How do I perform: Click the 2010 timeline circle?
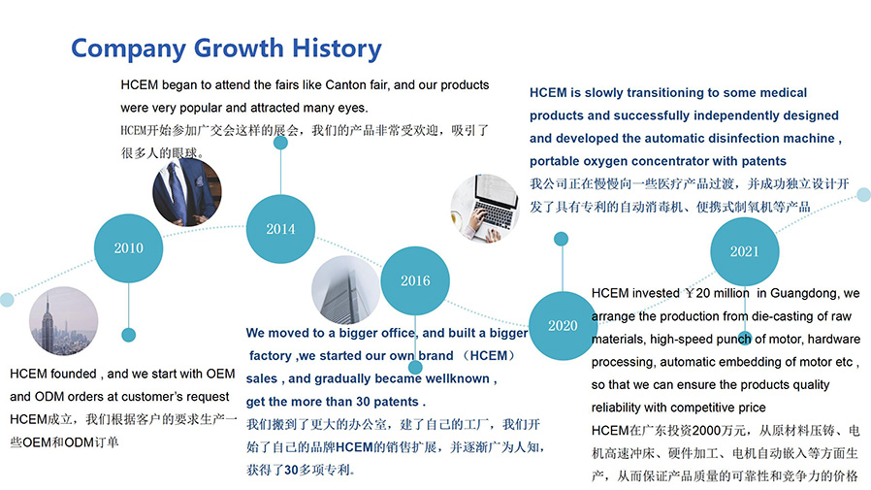point(128,248)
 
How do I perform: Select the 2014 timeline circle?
point(280,229)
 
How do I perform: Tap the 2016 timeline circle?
point(415,280)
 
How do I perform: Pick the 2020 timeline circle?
point(563,326)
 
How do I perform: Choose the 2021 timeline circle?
point(744,251)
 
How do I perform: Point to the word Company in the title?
point(128,49)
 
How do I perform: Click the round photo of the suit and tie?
point(187,192)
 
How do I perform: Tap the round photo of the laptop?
point(485,209)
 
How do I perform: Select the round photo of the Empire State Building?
point(63,320)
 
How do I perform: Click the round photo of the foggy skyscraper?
point(346,289)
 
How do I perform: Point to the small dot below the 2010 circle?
point(128,335)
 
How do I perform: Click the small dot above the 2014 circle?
point(280,143)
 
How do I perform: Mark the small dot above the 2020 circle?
point(561,239)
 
